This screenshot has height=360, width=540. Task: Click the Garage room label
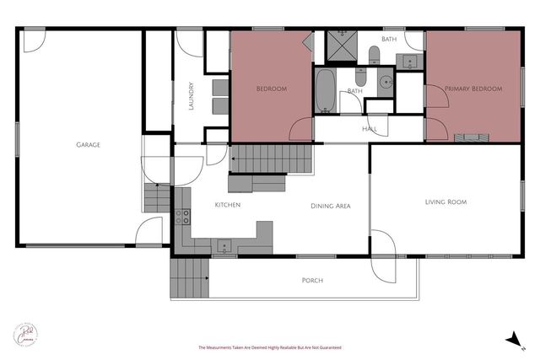88,145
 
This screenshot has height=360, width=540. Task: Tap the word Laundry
192,95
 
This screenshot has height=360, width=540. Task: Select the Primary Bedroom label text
473,89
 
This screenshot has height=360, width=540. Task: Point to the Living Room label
445,202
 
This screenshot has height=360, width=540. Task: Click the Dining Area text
331,206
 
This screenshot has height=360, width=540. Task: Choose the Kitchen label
228,206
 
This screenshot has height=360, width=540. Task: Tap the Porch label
312,280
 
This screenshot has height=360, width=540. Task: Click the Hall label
370,129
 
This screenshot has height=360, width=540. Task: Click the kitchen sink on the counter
224,246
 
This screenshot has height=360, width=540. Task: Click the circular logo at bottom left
27,333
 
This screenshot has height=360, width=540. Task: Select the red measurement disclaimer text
269,347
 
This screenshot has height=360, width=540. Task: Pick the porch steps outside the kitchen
189,279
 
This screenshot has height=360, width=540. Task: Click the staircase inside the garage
157,198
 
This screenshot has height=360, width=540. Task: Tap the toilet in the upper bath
374,55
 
